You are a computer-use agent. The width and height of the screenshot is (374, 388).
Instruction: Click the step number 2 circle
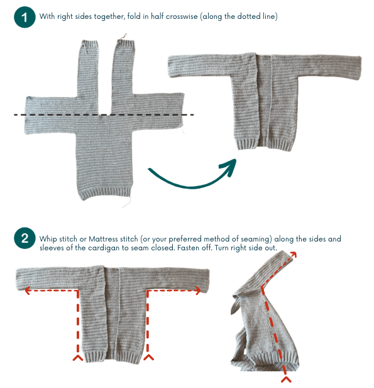[x=24, y=239]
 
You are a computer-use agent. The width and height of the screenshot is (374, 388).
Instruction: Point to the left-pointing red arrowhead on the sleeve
[x=27, y=291]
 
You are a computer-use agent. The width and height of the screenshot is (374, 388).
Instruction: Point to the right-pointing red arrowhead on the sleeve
[x=200, y=291]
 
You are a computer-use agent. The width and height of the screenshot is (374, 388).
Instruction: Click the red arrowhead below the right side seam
[x=148, y=358]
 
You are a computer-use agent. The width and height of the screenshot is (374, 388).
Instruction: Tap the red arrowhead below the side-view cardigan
[x=285, y=380]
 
